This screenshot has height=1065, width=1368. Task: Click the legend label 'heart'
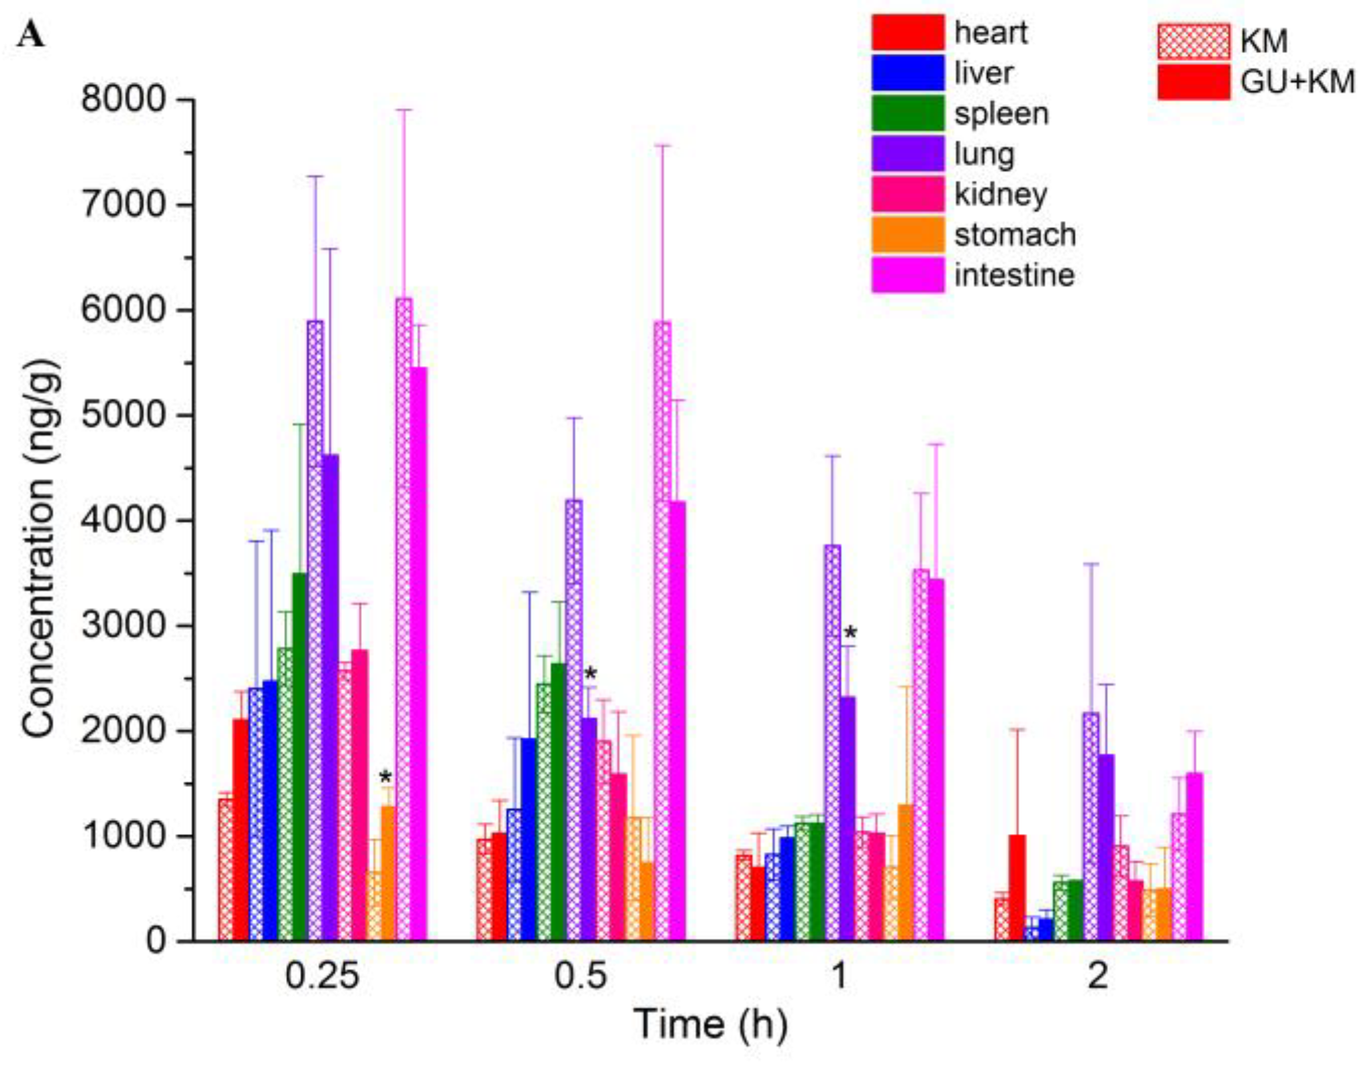point(991,32)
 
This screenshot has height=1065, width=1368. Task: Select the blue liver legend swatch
point(908,73)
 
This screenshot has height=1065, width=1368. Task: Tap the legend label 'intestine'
point(1014,275)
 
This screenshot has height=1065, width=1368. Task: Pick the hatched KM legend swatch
point(1193,41)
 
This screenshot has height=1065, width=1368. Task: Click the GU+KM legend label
point(1297,82)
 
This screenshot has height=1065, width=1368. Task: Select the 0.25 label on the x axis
point(322,975)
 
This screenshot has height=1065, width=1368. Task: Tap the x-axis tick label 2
point(1097,975)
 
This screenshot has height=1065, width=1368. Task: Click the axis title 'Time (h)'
point(711,1025)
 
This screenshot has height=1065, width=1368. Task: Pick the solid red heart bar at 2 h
point(1017,886)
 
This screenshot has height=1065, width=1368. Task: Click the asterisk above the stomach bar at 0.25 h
point(385,778)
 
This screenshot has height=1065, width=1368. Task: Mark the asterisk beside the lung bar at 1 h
point(850,633)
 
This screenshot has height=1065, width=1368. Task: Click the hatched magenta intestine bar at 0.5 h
point(662,631)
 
